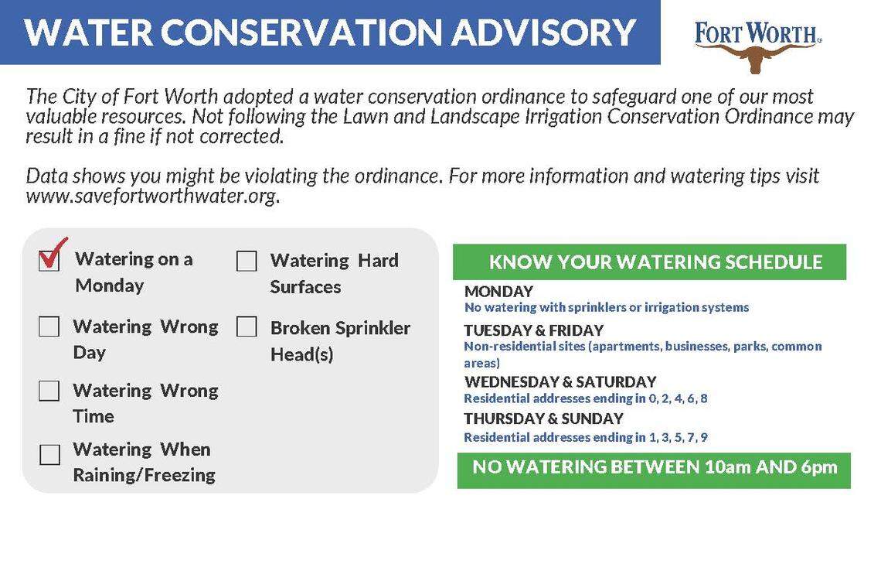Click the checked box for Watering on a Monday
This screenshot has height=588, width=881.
(49, 261)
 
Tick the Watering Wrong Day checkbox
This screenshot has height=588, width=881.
(49, 327)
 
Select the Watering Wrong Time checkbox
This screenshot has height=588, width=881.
(49, 391)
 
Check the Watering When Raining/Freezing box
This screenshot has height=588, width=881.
(49, 454)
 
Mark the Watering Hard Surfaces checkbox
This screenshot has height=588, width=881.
(247, 262)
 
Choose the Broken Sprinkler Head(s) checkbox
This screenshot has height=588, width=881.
(247, 327)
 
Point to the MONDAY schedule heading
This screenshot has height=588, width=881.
(498, 292)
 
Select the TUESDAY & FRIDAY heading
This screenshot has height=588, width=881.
(533, 330)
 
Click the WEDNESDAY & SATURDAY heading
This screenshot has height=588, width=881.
(560, 381)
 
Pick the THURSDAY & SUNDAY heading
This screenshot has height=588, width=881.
(543, 419)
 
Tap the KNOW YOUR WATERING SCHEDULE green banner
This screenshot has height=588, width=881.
(649, 262)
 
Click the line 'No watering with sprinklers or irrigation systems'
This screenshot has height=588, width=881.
(607, 307)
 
